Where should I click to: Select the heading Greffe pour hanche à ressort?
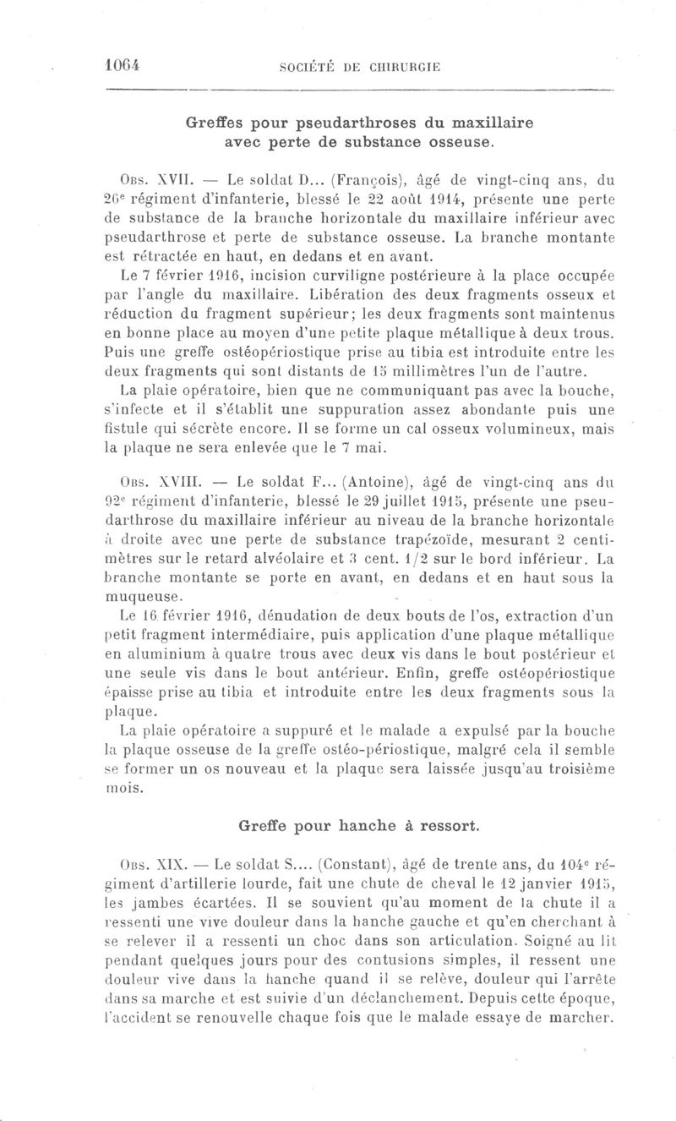click(x=358, y=823)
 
